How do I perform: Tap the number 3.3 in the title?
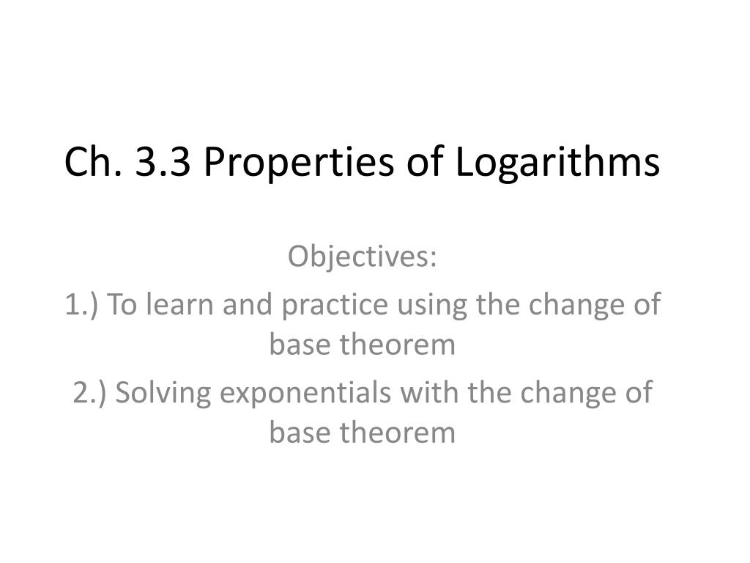click(x=163, y=162)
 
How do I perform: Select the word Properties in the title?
click(x=299, y=164)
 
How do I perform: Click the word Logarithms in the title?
click(x=557, y=164)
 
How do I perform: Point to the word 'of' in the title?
click(x=425, y=161)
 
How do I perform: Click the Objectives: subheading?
click(x=362, y=258)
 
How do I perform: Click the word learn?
click(x=179, y=304)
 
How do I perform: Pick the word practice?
click(x=335, y=306)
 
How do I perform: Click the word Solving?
click(x=163, y=394)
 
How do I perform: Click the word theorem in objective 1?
click(x=398, y=345)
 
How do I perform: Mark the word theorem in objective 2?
click(x=398, y=433)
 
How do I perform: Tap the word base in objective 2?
click(x=300, y=433)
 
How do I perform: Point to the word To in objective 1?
click(x=122, y=304)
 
